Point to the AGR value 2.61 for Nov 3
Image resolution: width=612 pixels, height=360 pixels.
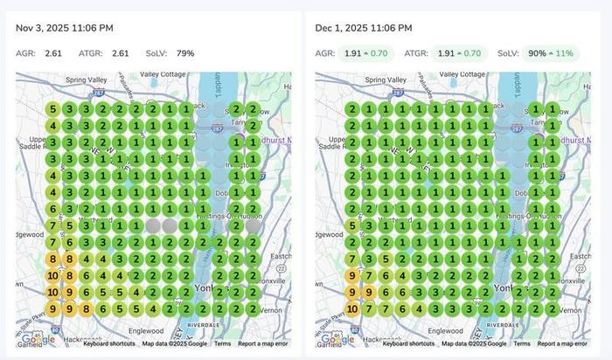(54, 53)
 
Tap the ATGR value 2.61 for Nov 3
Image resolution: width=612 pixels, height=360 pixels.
(121, 53)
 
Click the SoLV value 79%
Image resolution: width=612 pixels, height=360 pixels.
(185, 53)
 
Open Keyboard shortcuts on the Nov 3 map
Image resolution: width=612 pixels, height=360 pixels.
(109, 343)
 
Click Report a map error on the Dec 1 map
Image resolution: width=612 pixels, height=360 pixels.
(561, 343)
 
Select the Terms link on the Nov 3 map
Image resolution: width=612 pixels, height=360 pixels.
(223, 343)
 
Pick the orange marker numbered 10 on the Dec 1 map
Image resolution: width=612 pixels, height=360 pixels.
(352, 308)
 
